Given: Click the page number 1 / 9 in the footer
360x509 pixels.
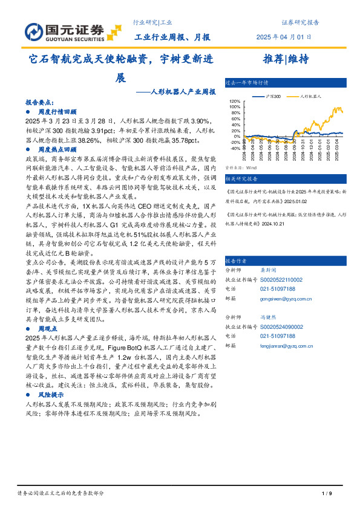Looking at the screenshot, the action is pos(327,494).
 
